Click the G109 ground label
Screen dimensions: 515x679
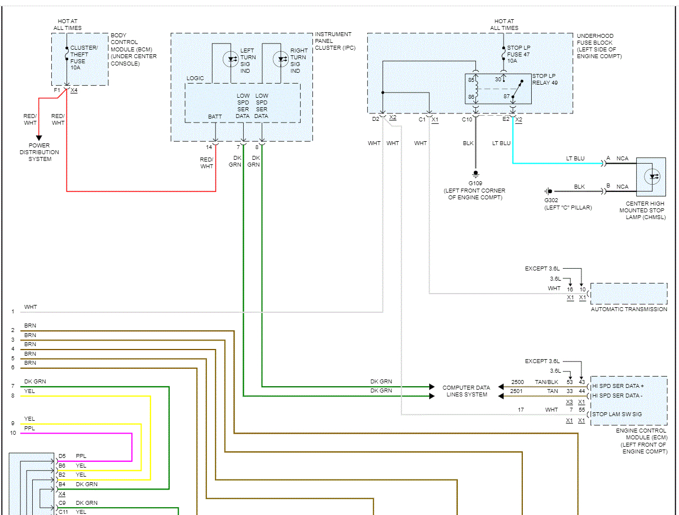[475, 184]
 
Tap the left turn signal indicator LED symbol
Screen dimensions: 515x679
[230, 58]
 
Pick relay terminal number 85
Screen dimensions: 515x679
[470, 80]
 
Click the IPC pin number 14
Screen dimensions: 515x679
[209, 147]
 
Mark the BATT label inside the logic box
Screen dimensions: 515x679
[215, 116]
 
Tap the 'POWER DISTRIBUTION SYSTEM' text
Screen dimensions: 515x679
[39, 152]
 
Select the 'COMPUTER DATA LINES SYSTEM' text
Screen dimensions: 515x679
[466, 391]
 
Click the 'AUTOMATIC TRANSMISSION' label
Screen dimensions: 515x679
[629, 309]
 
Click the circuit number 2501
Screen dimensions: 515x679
[516, 391]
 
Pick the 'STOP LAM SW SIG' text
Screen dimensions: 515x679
[616, 414]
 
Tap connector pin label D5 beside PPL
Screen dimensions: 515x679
[62, 456]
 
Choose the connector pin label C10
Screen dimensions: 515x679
[467, 120]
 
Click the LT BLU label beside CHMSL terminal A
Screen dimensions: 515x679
[575, 158]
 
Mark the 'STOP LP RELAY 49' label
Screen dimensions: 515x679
[544, 79]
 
